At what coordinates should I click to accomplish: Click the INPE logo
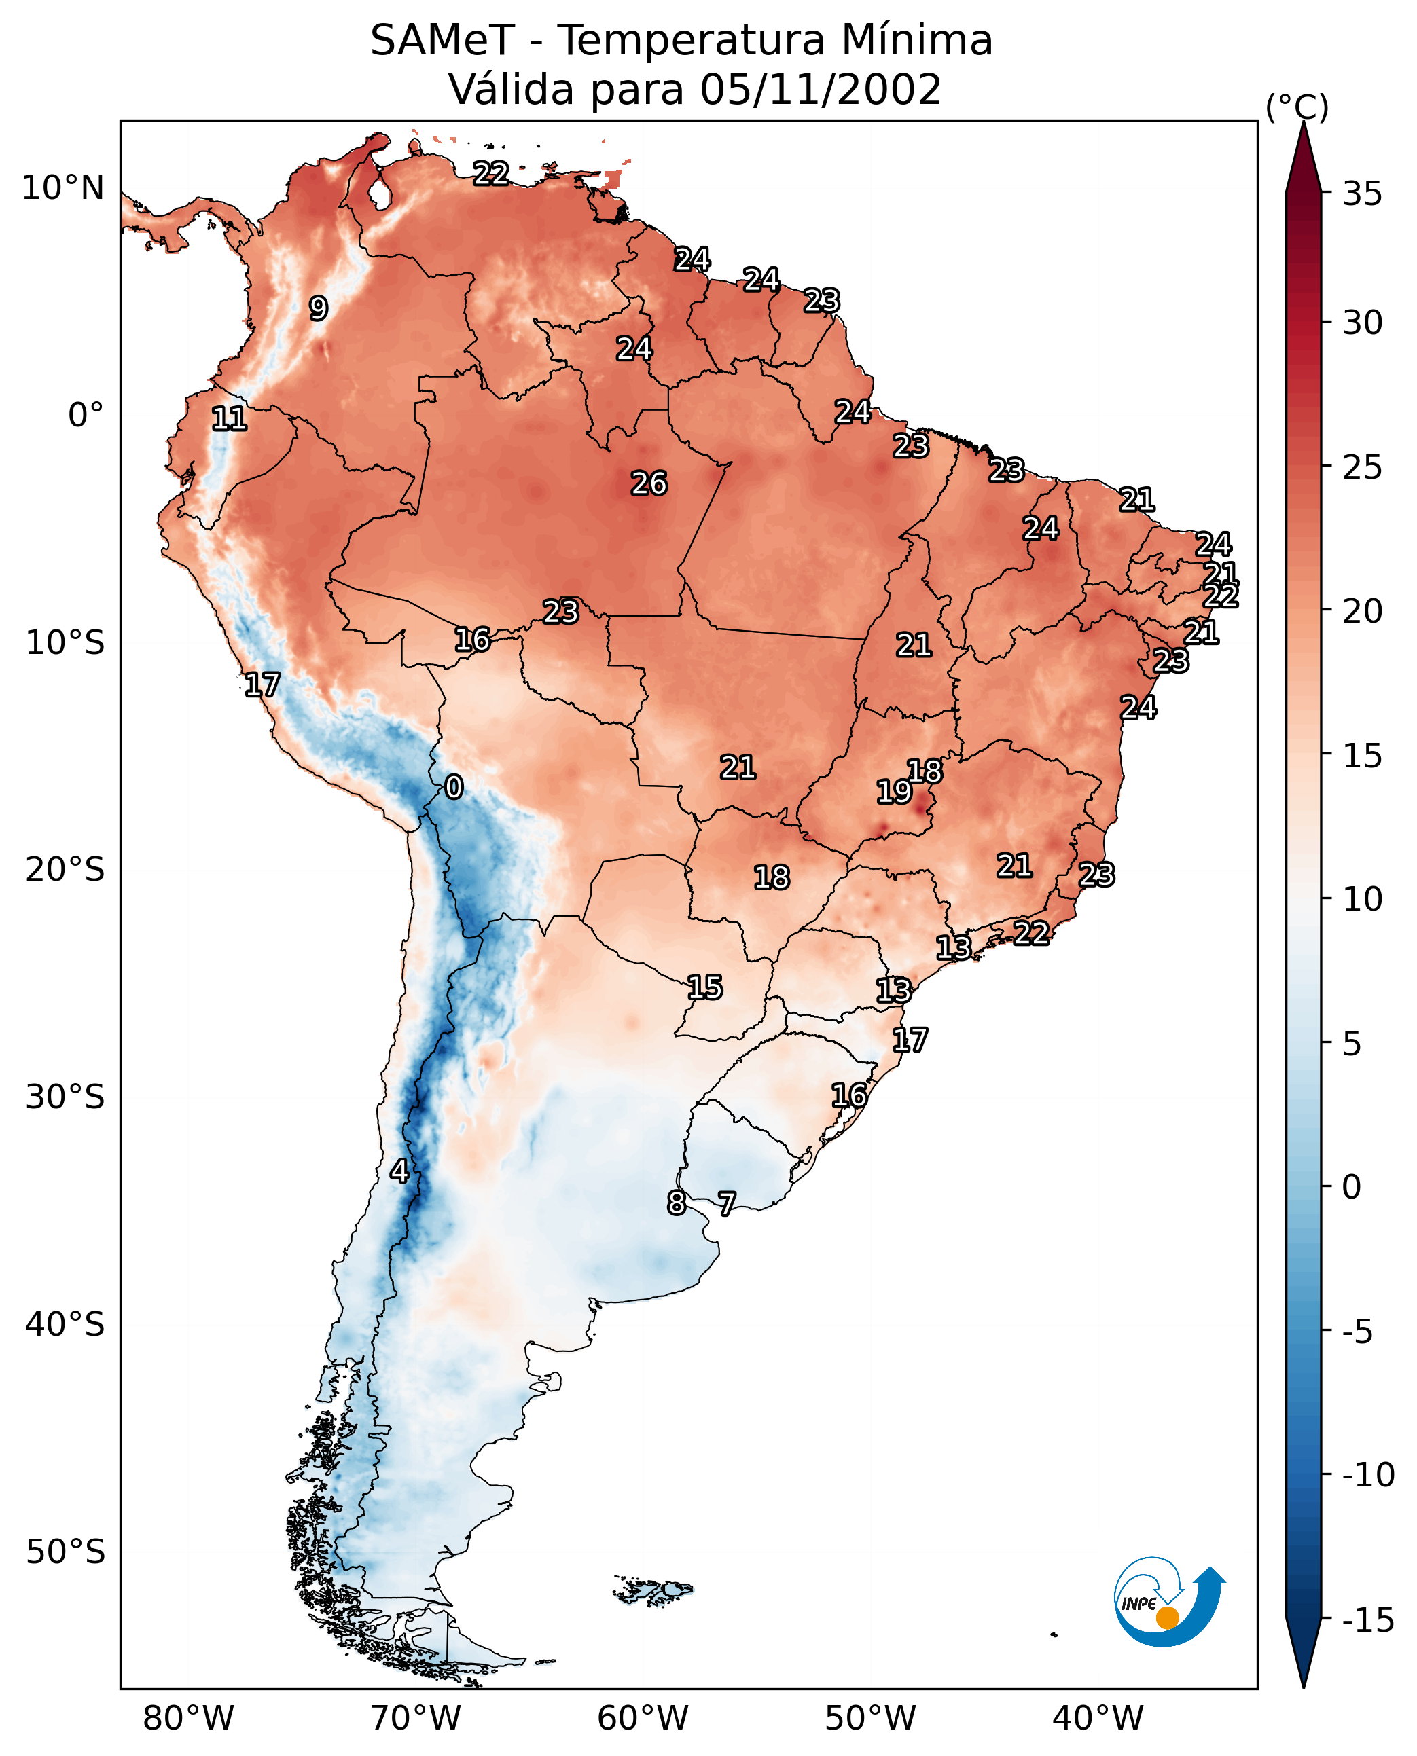(x=1169, y=1601)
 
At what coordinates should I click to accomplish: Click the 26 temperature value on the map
(x=649, y=483)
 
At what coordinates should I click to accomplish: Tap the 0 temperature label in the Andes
(x=454, y=786)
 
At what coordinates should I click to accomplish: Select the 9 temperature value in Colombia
(x=319, y=308)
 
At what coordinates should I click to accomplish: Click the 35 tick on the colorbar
(x=1362, y=194)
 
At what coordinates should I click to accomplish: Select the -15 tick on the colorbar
(x=1368, y=1620)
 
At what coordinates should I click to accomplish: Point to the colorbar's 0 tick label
(x=1352, y=1186)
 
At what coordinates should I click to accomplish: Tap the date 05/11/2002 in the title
(x=821, y=89)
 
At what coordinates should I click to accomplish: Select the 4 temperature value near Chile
(x=399, y=1171)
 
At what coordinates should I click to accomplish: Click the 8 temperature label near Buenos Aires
(x=677, y=1203)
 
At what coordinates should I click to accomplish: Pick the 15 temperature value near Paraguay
(x=704, y=987)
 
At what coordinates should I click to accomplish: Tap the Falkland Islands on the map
(x=653, y=1590)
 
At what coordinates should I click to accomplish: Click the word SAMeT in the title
(x=442, y=40)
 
